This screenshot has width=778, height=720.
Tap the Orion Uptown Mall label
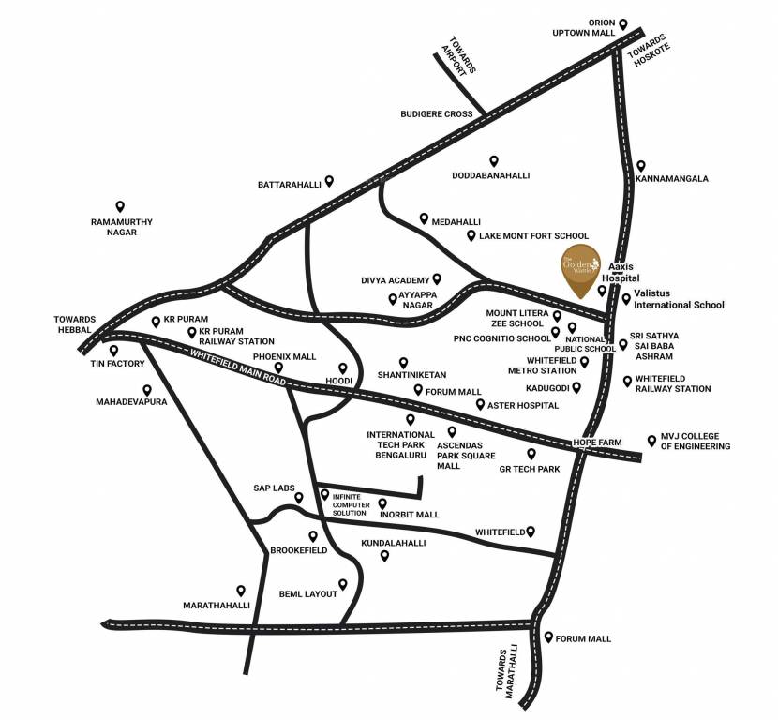click(588, 27)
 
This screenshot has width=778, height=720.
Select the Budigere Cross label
click(436, 113)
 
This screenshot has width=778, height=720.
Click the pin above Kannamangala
click(640, 165)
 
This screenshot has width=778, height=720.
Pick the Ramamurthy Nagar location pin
click(120, 206)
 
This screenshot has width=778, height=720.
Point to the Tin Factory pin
click(113, 351)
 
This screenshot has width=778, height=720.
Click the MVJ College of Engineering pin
click(651, 439)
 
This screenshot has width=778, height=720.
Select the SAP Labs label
click(274, 488)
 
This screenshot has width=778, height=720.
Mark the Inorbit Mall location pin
click(382, 503)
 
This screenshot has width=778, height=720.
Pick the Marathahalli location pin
click(241, 591)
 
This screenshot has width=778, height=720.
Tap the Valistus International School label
click(679, 299)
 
